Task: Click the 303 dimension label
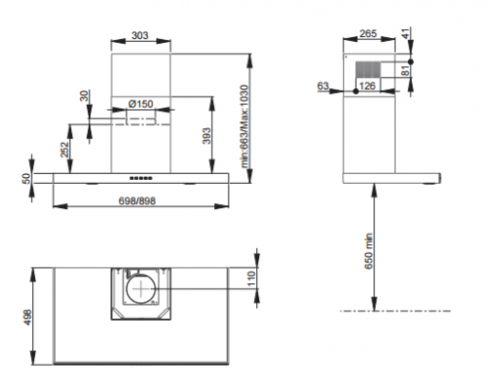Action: [x=140, y=35]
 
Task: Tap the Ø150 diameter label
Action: [x=141, y=104]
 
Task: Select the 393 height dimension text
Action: [x=206, y=136]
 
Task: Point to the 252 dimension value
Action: [x=65, y=150]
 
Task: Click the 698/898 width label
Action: [x=137, y=201]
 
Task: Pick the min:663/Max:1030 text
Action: [x=244, y=126]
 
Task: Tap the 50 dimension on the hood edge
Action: [x=26, y=179]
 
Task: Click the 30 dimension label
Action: [x=84, y=96]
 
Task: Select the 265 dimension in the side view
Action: [x=368, y=33]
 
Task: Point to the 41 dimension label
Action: [x=405, y=33]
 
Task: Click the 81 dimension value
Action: [x=405, y=70]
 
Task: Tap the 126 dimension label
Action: [x=367, y=86]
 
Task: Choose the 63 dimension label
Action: [x=323, y=86]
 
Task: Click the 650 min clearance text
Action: [x=368, y=251]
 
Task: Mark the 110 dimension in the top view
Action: [x=251, y=279]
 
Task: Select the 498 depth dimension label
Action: [x=27, y=317]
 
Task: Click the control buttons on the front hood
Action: [x=141, y=178]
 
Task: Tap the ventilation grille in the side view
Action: [x=368, y=69]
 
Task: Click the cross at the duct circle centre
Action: [x=141, y=288]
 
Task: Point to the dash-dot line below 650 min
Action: [x=395, y=311]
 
